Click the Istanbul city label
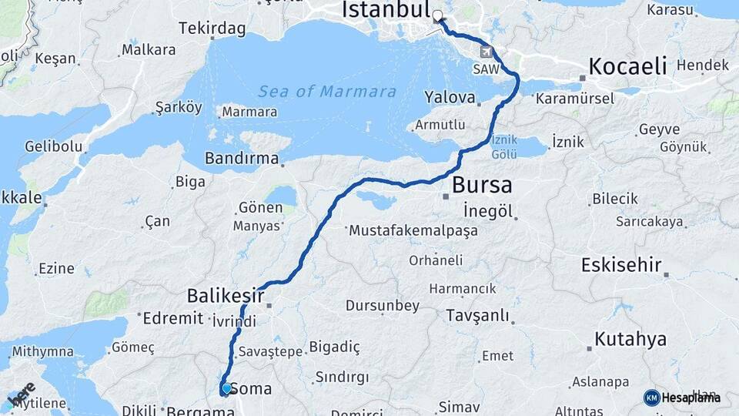point(385,10)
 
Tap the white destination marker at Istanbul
point(438,16)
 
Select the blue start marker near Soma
point(226,389)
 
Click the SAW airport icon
point(487,52)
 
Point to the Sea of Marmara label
point(327,92)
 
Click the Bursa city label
point(482,185)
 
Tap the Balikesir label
point(226,296)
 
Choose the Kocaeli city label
point(627,66)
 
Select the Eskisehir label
point(622,266)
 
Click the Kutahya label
point(630,339)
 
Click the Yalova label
point(450,97)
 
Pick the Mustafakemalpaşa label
point(413,230)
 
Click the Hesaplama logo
point(682,398)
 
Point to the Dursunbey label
point(383,306)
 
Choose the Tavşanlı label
point(478,316)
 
